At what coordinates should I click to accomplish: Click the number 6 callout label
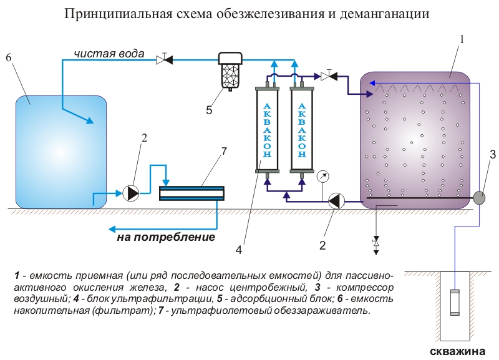point(9,57)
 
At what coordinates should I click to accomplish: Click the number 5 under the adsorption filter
point(209,110)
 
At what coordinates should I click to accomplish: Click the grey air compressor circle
point(480,197)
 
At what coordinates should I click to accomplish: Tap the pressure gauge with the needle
point(322,176)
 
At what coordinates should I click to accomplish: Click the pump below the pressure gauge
point(335,201)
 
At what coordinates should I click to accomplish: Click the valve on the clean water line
point(164,59)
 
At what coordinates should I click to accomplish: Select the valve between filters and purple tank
point(326,76)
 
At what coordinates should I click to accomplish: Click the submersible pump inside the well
point(453,305)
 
